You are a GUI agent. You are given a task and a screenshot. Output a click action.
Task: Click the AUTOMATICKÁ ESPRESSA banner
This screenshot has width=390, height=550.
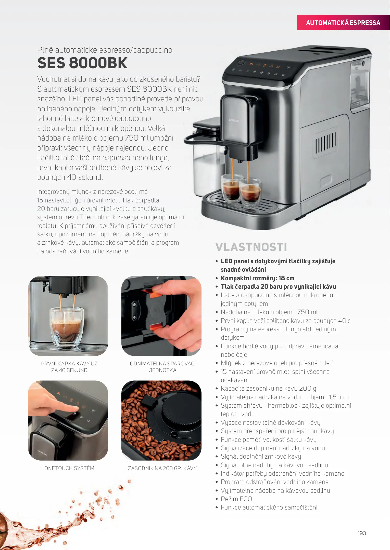pyautogui.click(x=343, y=23)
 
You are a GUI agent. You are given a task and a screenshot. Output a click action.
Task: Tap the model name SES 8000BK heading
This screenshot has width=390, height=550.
pyautogui.click(x=82, y=63)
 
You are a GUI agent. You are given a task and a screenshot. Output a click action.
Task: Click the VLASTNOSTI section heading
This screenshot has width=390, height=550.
pyautogui.click(x=251, y=247)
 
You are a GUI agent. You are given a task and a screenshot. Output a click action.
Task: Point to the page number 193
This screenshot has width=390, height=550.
pyautogui.click(x=362, y=533)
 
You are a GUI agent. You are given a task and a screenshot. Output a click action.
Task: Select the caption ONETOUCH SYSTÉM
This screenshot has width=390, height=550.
pyautogui.click(x=69, y=468)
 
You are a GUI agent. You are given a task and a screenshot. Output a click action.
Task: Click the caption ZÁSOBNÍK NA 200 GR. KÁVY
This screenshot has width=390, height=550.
pyautogui.click(x=162, y=468)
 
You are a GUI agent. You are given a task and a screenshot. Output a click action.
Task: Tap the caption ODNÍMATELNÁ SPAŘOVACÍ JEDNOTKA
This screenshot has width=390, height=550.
pyautogui.click(x=163, y=367)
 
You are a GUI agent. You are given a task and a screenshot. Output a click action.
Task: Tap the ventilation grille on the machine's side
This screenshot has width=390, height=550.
pyautogui.click(x=325, y=143)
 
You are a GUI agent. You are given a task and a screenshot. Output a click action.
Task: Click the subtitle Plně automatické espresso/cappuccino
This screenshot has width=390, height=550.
pyautogui.click(x=105, y=50)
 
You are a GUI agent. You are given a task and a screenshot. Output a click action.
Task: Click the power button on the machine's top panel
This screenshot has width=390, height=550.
pyautogui.click(x=242, y=62)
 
